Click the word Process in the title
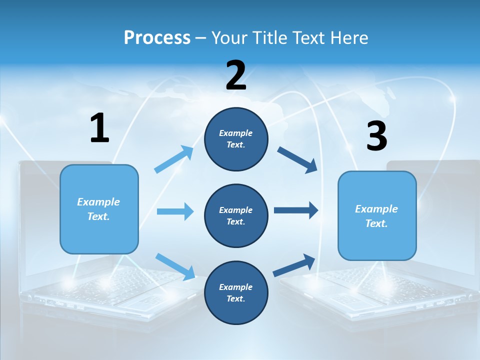(157, 38)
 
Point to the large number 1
(99, 128)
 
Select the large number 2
(236, 75)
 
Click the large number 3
(376, 136)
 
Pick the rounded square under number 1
(99, 209)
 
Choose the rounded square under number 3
(377, 215)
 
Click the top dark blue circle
(236, 138)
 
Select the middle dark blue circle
(236, 215)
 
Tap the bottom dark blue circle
(236, 292)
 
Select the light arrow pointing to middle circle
(175, 211)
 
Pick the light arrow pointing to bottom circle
(175, 266)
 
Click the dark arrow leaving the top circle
(297, 160)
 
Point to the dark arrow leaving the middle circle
(295, 210)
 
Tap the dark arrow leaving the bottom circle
(294, 265)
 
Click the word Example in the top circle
(236, 133)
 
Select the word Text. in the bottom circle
(236, 298)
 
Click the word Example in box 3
(376, 209)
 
